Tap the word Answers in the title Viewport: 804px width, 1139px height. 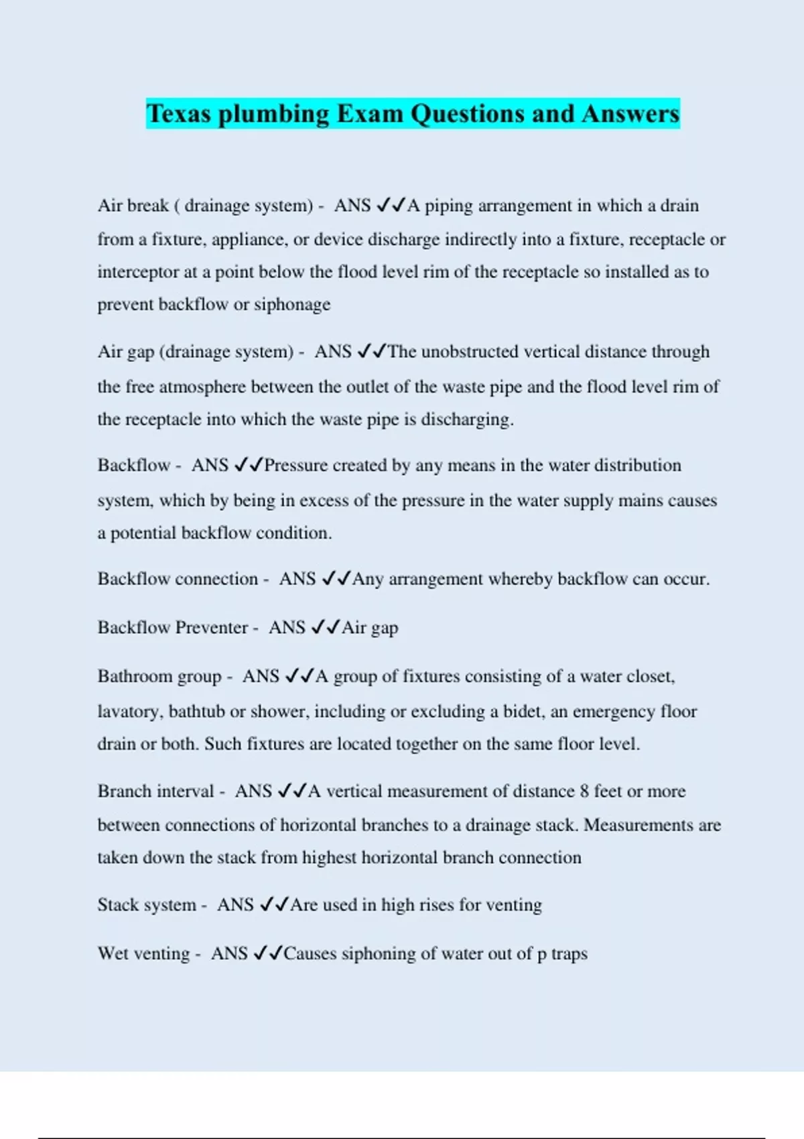(x=630, y=113)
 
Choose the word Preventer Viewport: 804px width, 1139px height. (x=212, y=628)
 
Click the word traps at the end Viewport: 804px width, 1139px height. (x=569, y=954)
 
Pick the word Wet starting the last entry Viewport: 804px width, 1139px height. (x=113, y=953)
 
